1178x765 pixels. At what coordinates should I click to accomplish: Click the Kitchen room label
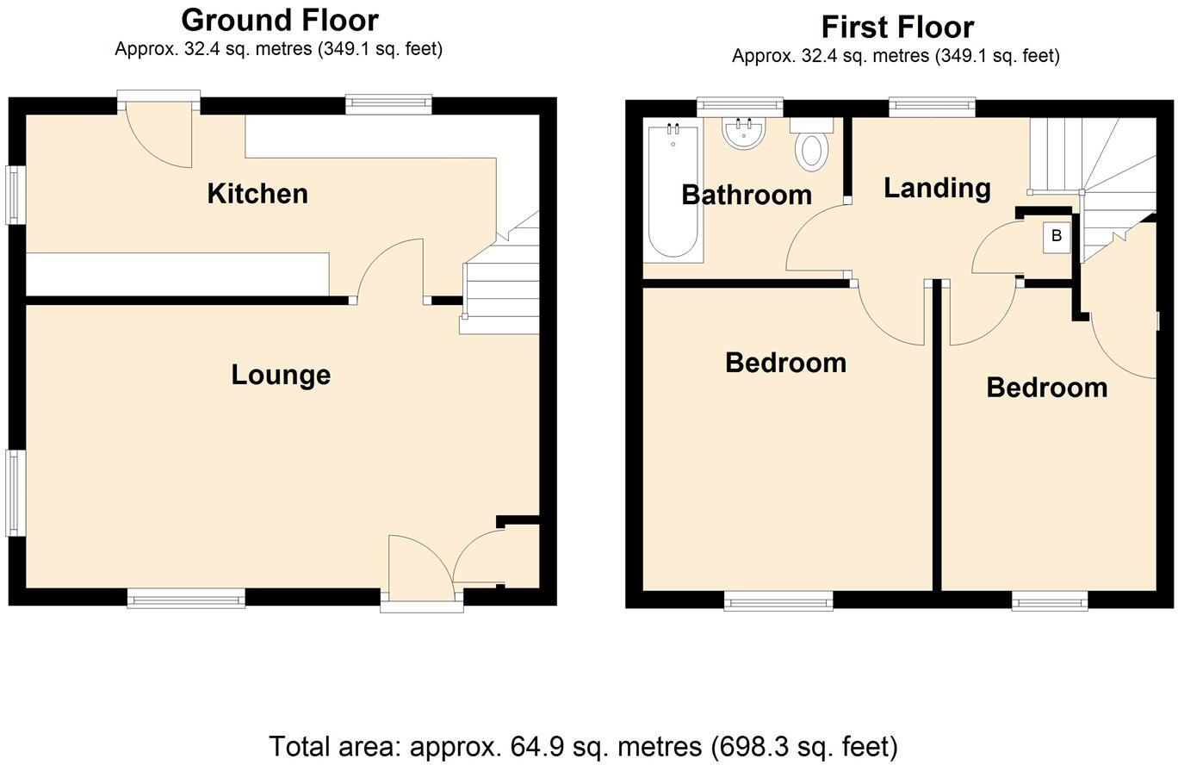point(257,194)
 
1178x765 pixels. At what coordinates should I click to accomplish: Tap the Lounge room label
point(281,375)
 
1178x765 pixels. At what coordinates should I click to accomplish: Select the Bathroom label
point(747,195)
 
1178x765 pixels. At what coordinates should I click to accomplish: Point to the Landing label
point(937,188)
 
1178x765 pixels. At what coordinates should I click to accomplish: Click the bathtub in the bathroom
point(673,191)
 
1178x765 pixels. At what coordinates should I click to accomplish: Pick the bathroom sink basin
point(743,134)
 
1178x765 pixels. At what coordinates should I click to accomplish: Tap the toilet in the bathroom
point(811,146)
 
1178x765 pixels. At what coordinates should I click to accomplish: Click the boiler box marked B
point(1057,236)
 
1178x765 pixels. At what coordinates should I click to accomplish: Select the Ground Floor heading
point(280,20)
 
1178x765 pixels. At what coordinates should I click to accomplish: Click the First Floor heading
point(897,27)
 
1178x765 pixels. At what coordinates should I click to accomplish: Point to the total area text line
point(583,746)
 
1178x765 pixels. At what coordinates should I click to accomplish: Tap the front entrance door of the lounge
point(419,569)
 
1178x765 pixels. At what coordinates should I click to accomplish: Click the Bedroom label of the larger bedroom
point(785,363)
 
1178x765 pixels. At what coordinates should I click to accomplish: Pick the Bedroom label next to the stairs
point(1046,388)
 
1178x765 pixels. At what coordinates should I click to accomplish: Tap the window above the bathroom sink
point(740,106)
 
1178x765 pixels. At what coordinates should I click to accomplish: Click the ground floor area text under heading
point(278,49)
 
